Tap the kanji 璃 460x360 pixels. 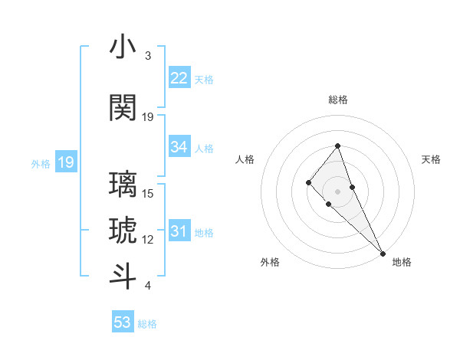(x=123, y=185)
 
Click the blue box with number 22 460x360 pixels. (x=179, y=78)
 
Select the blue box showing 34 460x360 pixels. (x=179, y=148)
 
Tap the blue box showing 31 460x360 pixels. (x=179, y=232)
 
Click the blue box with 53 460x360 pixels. (x=123, y=322)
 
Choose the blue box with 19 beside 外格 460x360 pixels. (x=65, y=162)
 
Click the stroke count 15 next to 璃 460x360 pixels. (x=148, y=194)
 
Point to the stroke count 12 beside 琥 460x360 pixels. (x=148, y=240)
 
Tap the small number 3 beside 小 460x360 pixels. (x=147, y=56)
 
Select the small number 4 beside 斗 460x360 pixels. (x=147, y=286)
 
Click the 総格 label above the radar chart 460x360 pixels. (x=338, y=100)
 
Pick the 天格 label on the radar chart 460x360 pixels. (x=431, y=159)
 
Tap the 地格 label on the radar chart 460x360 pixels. (x=402, y=262)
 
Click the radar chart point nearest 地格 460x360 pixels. (x=383, y=253)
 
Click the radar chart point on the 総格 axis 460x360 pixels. (x=338, y=146)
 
